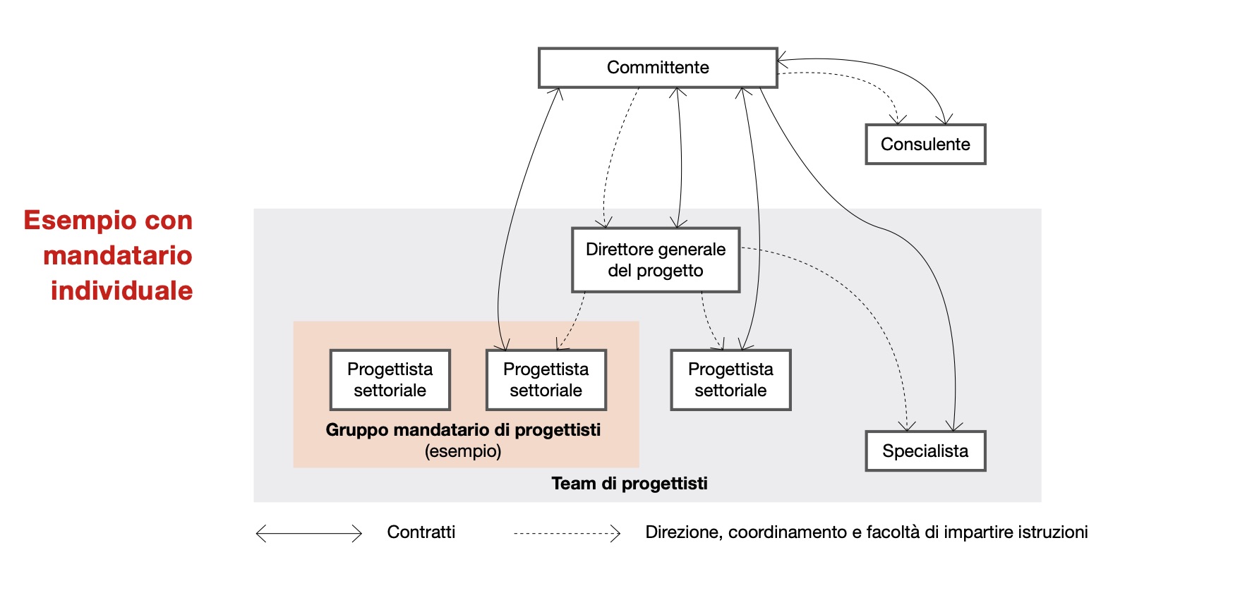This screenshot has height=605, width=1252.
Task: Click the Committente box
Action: [658, 68]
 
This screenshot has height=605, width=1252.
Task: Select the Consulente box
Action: [925, 145]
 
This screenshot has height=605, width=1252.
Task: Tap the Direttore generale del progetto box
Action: [656, 259]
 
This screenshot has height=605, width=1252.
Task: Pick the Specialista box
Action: [925, 451]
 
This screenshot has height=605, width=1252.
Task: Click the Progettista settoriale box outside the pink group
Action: [730, 380]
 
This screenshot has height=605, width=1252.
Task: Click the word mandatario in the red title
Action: [118, 255]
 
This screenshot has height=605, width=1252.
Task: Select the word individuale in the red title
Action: [121, 291]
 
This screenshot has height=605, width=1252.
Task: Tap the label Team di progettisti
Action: [630, 484]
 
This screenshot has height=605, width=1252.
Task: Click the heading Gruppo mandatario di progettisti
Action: [463, 430]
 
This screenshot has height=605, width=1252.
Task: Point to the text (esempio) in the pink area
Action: [463, 451]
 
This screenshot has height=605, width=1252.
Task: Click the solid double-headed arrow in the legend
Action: [309, 534]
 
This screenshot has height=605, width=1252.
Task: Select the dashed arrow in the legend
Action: [567, 534]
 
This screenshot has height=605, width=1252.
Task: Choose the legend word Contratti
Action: [421, 532]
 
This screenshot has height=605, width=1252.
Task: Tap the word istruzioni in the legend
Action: [1052, 532]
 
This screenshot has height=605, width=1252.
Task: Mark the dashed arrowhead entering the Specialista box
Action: [907, 427]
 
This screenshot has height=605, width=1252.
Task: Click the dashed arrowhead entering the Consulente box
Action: [898, 120]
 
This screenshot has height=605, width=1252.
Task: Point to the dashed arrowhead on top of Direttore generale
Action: [604, 224]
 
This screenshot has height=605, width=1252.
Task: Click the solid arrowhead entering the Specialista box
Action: [954, 427]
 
